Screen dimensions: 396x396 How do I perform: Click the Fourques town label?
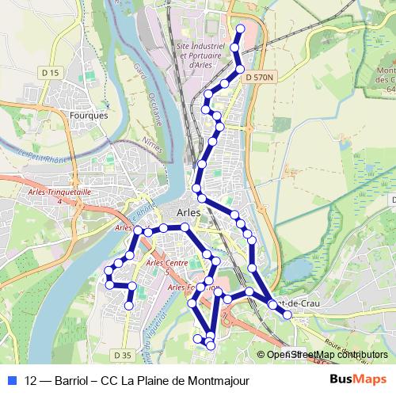tap(89, 115)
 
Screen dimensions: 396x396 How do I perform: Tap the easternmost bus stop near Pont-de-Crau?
tap(287, 315)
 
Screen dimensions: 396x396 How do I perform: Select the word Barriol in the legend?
tap(74, 379)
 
